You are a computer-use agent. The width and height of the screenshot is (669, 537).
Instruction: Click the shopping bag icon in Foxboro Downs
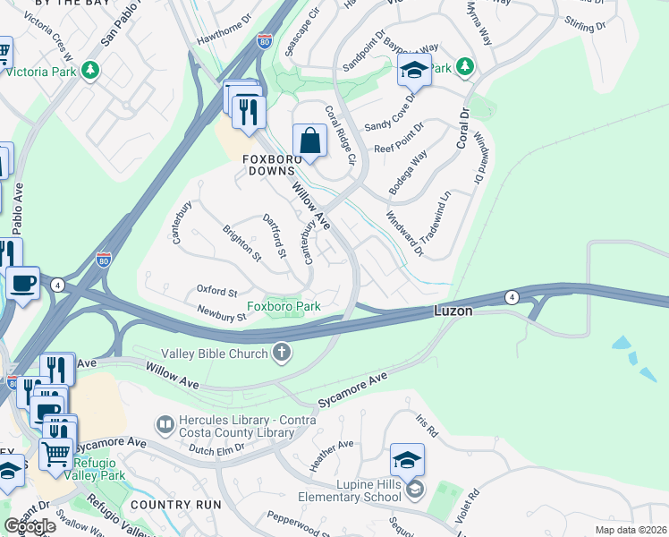click(x=309, y=141)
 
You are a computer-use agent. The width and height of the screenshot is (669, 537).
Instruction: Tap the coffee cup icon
click(x=23, y=284)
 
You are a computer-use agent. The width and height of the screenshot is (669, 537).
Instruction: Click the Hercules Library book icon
click(x=165, y=422)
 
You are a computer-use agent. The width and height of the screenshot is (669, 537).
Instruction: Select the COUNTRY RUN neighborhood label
click(x=175, y=504)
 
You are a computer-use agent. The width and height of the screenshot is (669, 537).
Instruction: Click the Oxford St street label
click(x=216, y=292)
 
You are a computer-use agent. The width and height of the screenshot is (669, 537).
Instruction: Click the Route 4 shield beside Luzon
click(x=511, y=296)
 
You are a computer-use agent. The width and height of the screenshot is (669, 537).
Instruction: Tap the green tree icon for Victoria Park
click(x=89, y=70)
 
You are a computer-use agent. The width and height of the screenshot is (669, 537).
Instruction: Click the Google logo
click(x=30, y=526)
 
